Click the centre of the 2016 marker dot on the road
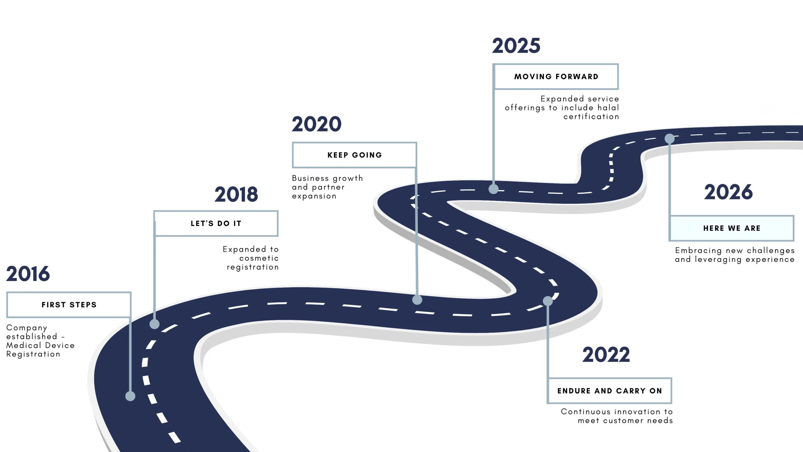pos(130,396)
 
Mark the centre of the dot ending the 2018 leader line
pos(154,324)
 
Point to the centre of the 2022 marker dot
pos(548,301)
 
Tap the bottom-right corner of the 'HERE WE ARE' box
pos(794,241)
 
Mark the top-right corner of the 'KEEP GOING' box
pos(417,142)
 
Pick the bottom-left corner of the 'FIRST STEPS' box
pos(7,317)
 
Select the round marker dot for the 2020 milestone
pos(417,300)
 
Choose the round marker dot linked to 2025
pos(493,189)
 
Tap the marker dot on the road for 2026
pos(670,138)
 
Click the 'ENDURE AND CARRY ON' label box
pos(609,391)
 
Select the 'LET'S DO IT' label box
pos(216,223)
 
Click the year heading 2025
pos(516,46)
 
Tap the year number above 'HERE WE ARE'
pos(728,192)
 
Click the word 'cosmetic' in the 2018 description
pos(259,258)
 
